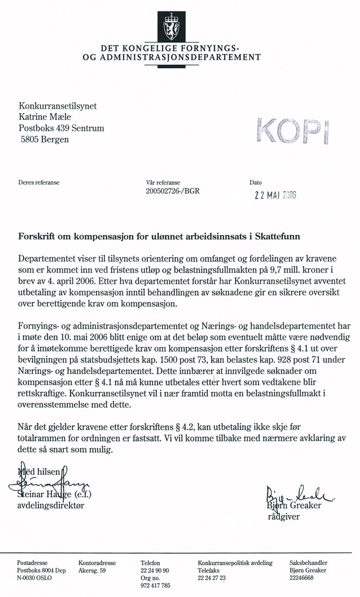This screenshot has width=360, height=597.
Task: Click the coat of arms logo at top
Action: [172, 26]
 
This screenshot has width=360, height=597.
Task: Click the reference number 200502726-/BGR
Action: [173, 191]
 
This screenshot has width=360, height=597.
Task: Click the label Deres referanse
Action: [39, 183]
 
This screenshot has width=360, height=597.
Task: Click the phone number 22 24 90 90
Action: [155, 571]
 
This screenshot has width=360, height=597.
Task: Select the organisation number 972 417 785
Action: [155, 585]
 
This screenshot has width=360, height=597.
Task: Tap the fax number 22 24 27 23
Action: [211, 578]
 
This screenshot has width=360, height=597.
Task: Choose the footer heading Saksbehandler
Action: [308, 563]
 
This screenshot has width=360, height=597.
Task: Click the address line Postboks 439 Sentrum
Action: [61, 128]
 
